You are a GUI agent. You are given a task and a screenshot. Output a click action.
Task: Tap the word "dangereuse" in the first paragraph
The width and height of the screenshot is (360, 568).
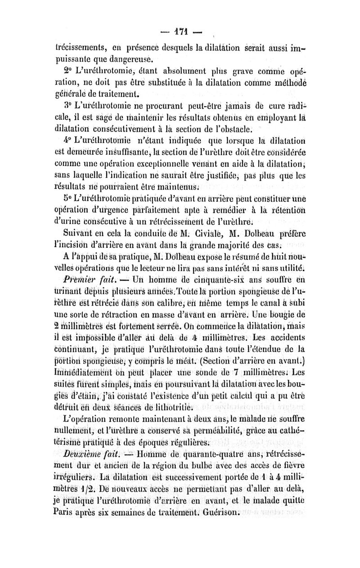coord(119,58)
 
